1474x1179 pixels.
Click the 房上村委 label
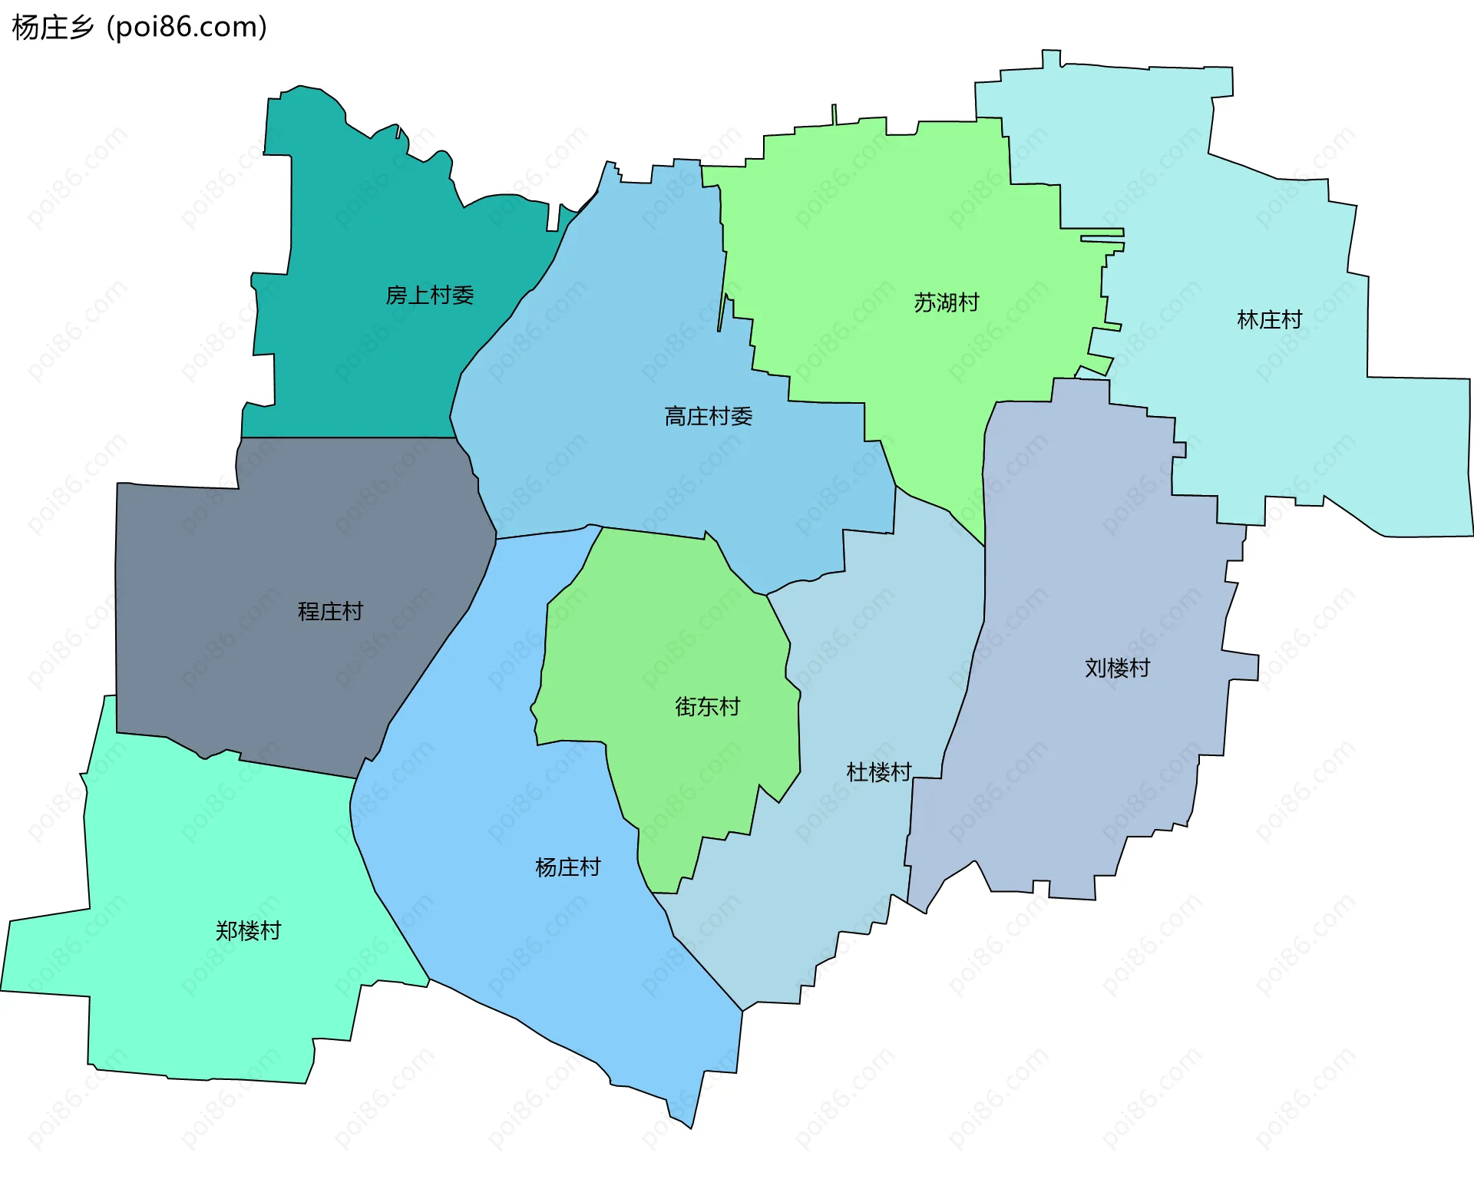(x=429, y=296)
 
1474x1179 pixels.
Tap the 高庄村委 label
(x=708, y=417)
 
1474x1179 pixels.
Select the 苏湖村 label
(x=946, y=303)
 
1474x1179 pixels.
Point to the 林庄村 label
(x=1269, y=320)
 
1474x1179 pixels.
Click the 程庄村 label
(x=330, y=612)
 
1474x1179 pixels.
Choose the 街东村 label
(x=707, y=707)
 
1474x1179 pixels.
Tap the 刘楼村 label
(x=1117, y=669)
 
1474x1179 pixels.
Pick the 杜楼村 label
(x=878, y=772)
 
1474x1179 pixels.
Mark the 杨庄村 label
(x=567, y=868)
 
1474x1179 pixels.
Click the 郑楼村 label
(x=248, y=932)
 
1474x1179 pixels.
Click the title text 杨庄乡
(x=53, y=28)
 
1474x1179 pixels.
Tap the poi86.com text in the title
(x=187, y=28)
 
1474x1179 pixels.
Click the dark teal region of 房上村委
(x=361, y=230)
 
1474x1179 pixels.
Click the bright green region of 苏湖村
(x=883, y=230)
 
